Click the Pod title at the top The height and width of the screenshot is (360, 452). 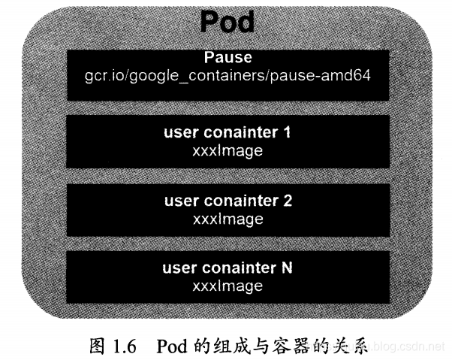(227, 22)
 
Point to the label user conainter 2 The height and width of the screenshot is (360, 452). (228, 202)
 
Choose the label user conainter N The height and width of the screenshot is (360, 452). (228, 269)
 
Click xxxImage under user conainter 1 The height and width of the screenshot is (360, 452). (228, 151)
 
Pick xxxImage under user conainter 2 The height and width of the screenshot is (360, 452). (228, 219)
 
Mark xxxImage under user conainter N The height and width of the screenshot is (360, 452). (228, 286)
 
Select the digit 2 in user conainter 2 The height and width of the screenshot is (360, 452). (288, 202)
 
